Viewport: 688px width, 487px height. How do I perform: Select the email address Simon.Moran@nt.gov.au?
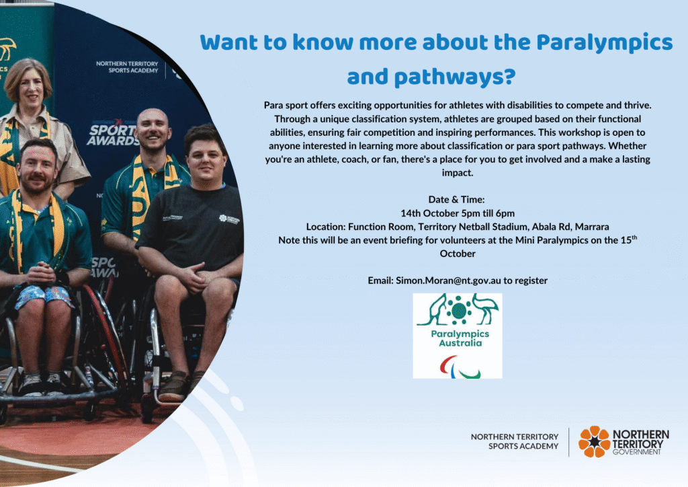(448, 280)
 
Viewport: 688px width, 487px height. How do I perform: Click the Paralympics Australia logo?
(457, 336)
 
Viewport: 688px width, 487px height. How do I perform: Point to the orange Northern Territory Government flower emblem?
(594, 441)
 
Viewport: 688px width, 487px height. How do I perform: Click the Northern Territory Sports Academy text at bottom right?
(514, 441)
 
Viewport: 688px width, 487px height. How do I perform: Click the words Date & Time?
(456, 199)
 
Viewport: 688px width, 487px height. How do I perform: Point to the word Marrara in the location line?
(592, 227)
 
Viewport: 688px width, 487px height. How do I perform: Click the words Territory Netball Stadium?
(472, 227)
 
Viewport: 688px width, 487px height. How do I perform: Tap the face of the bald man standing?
(153, 130)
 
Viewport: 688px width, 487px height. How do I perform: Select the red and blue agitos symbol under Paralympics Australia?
(460, 367)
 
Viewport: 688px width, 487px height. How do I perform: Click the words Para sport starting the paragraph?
(286, 106)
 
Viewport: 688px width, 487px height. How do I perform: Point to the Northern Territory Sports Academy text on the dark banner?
(127, 67)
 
